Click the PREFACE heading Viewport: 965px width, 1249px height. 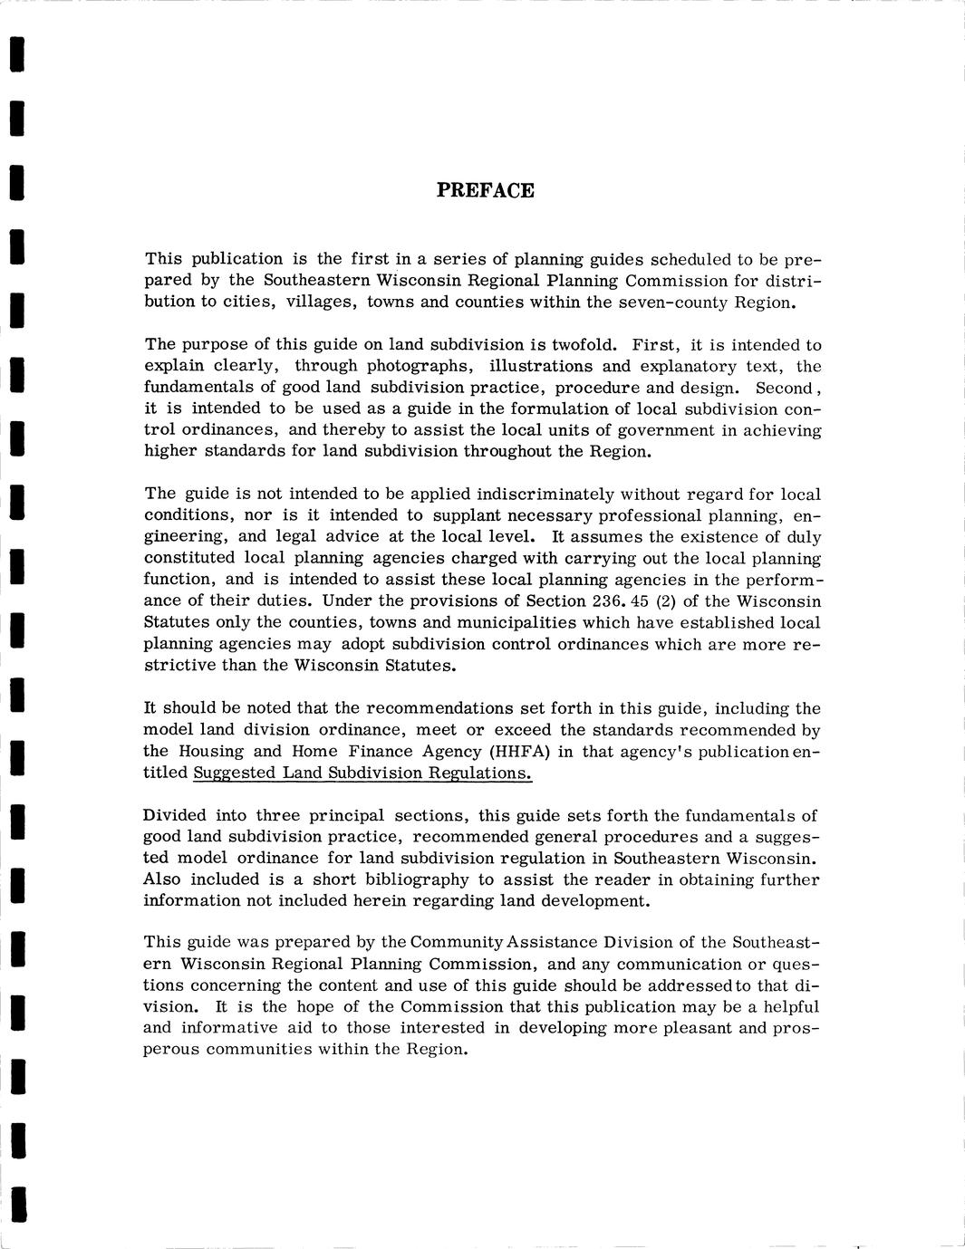[485, 190]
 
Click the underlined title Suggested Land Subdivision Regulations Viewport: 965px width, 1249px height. [362, 773]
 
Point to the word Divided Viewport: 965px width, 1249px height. [174, 815]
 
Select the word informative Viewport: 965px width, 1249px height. [227, 1028]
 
